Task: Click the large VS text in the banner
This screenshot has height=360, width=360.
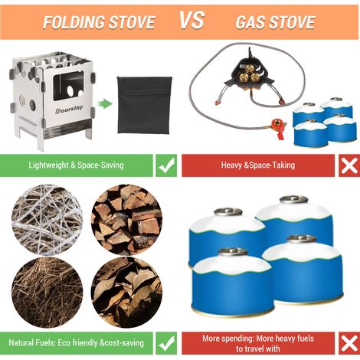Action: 191,20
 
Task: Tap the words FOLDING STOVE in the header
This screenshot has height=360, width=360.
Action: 99,22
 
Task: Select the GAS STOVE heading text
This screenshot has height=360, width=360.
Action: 275,22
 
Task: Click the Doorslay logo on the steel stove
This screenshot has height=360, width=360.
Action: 69,109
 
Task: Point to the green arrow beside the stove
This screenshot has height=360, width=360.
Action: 105,104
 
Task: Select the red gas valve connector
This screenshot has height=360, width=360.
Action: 279,128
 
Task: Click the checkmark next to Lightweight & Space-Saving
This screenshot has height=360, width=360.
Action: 166,165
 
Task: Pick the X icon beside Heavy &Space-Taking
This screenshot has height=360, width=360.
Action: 349,165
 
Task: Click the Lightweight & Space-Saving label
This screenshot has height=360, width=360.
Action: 76,165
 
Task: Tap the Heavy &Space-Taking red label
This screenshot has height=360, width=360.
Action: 258,165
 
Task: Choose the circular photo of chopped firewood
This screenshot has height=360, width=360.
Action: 126,219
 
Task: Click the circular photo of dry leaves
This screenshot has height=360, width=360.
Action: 126,292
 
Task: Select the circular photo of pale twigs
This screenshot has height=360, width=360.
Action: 47,219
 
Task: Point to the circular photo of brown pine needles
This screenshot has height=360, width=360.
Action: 47,292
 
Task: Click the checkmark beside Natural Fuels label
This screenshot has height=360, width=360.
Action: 166,343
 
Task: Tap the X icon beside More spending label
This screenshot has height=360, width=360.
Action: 349,343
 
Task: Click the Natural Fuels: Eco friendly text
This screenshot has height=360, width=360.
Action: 54,342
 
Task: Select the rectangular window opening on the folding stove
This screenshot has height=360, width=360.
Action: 68,85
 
